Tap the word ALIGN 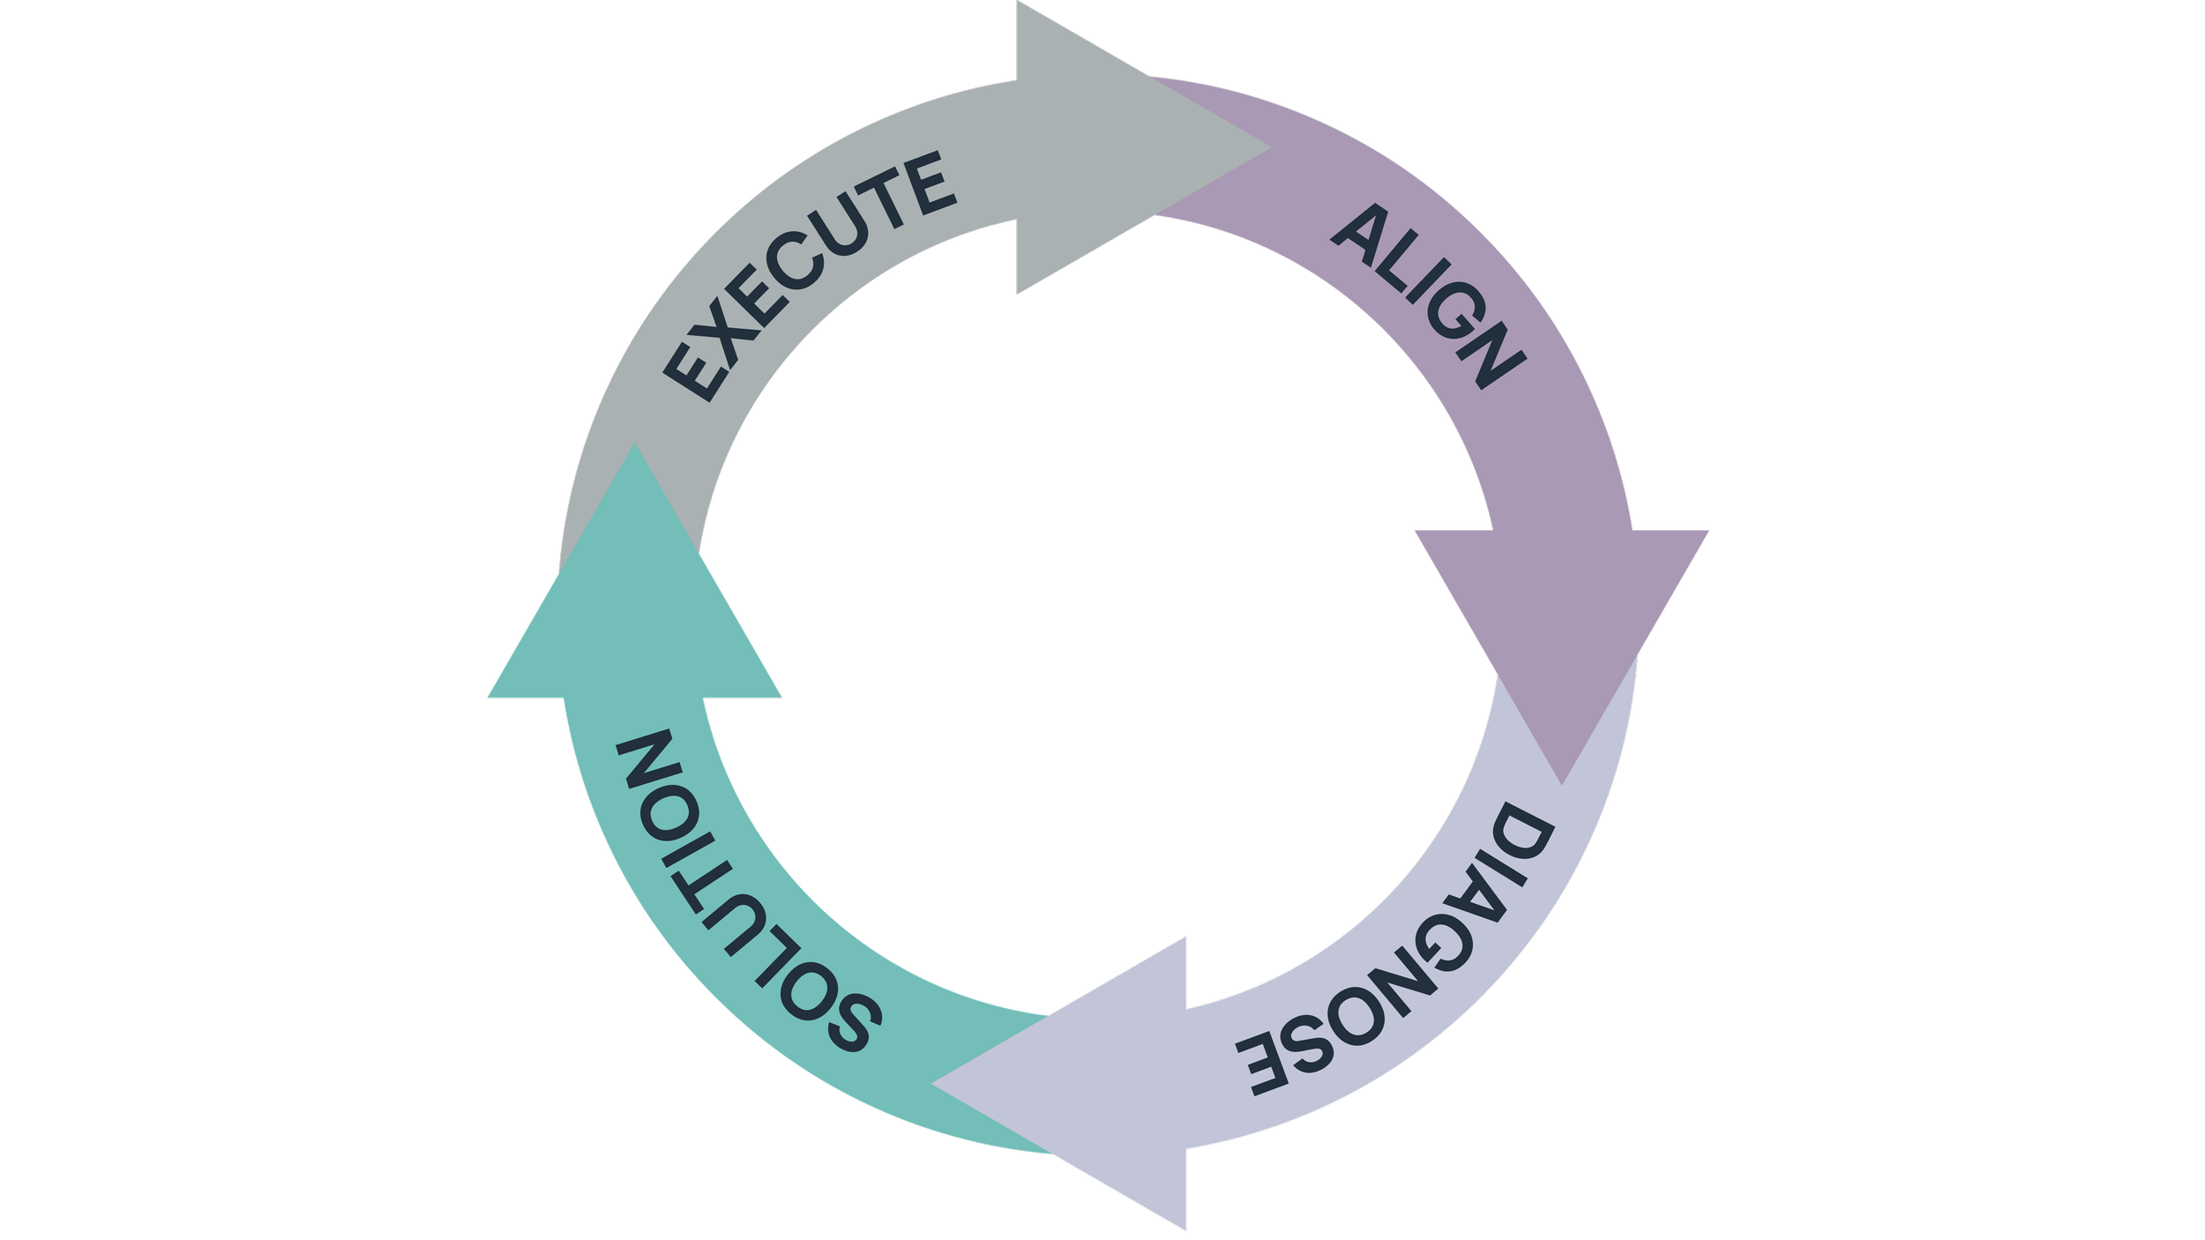tap(1430, 295)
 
